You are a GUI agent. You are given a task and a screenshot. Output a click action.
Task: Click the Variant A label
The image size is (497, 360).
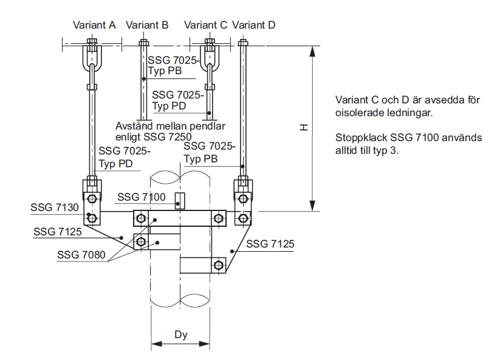(x=94, y=25)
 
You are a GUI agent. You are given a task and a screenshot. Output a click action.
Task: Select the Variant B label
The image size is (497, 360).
(x=147, y=25)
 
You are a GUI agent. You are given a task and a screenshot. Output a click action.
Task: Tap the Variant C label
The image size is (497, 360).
(x=205, y=25)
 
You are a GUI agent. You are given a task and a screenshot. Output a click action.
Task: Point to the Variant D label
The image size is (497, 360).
(x=253, y=25)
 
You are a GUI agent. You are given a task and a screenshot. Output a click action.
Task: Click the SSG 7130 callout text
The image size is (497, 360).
(x=55, y=207)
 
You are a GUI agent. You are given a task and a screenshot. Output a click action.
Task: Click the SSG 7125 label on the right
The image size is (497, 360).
(x=270, y=244)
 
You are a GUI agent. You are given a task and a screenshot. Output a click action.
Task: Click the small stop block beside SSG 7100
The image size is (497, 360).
(x=179, y=201)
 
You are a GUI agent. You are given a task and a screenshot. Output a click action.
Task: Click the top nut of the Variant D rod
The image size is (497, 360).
(x=243, y=43)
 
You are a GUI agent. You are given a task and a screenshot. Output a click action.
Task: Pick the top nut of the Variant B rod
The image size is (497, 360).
(x=143, y=43)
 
